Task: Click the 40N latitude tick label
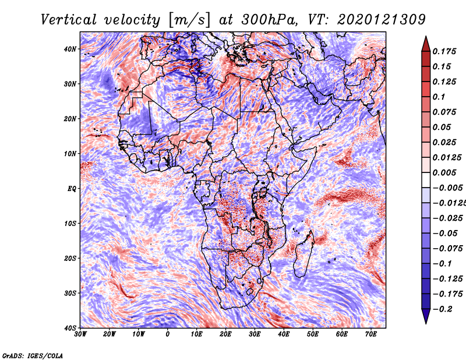pyautogui.click(x=70, y=49)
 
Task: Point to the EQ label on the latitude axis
pyautogui.click(x=72, y=189)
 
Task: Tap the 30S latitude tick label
pyautogui.click(x=70, y=294)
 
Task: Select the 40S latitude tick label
pyautogui.click(x=70, y=328)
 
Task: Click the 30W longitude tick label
pyautogui.click(x=80, y=334)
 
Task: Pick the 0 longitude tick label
pyautogui.click(x=168, y=334)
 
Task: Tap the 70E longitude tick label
pyautogui.click(x=371, y=334)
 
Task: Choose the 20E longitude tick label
pyautogui.click(x=225, y=334)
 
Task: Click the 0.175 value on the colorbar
pyautogui.click(x=444, y=51)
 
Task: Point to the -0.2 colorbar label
pyautogui.click(x=443, y=309)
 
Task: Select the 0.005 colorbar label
pyautogui.click(x=444, y=172)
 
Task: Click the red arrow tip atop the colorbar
pyautogui.click(x=426, y=37)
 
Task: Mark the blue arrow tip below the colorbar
pyautogui.click(x=426, y=323)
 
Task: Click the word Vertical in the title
pyautogui.click(x=69, y=20)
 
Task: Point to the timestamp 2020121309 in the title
pyautogui.click(x=382, y=20)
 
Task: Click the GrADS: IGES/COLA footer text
pyautogui.click(x=33, y=355)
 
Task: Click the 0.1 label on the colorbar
pyautogui.click(x=439, y=97)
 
